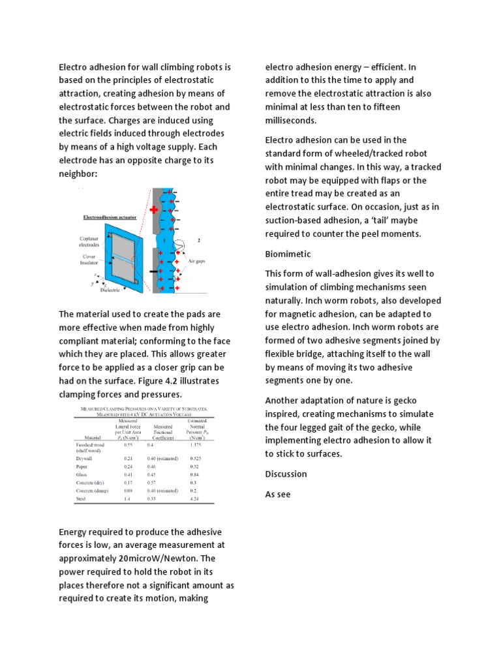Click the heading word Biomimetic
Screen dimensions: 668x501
(x=288, y=254)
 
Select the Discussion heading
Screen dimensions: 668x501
(x=286, y=474)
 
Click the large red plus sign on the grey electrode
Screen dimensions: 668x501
(x=154, y=211)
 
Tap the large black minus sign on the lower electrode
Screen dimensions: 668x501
(x=154, y=270)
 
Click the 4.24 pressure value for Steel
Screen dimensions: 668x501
(x=194, y=499)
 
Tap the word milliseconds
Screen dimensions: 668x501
(x=292, y=121)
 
